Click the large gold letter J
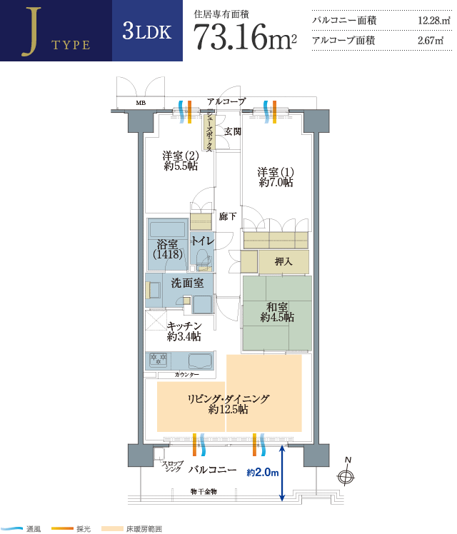tap(31, 31)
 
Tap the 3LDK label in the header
tap(147, 31)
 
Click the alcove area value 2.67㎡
tap(431, 41)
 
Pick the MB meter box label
tap(141, 103)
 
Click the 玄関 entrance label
tap(233, 131)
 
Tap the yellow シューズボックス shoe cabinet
tap(209, 132)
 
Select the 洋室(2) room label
tap(181, 161)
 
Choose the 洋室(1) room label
tap(276, 177)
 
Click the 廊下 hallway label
tap(228, 216)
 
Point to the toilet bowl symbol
tap(203, 259)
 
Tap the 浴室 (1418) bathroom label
tap(168, 249)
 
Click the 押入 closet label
tap(283, 261)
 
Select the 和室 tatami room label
tap(277, 312)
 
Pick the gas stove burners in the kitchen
tap(159, 360)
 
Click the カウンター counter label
tap(186, 375)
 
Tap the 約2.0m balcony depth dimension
tap(263, 473)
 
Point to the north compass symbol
tap(346, 473)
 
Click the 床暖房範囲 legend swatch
tap(112, 529)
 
